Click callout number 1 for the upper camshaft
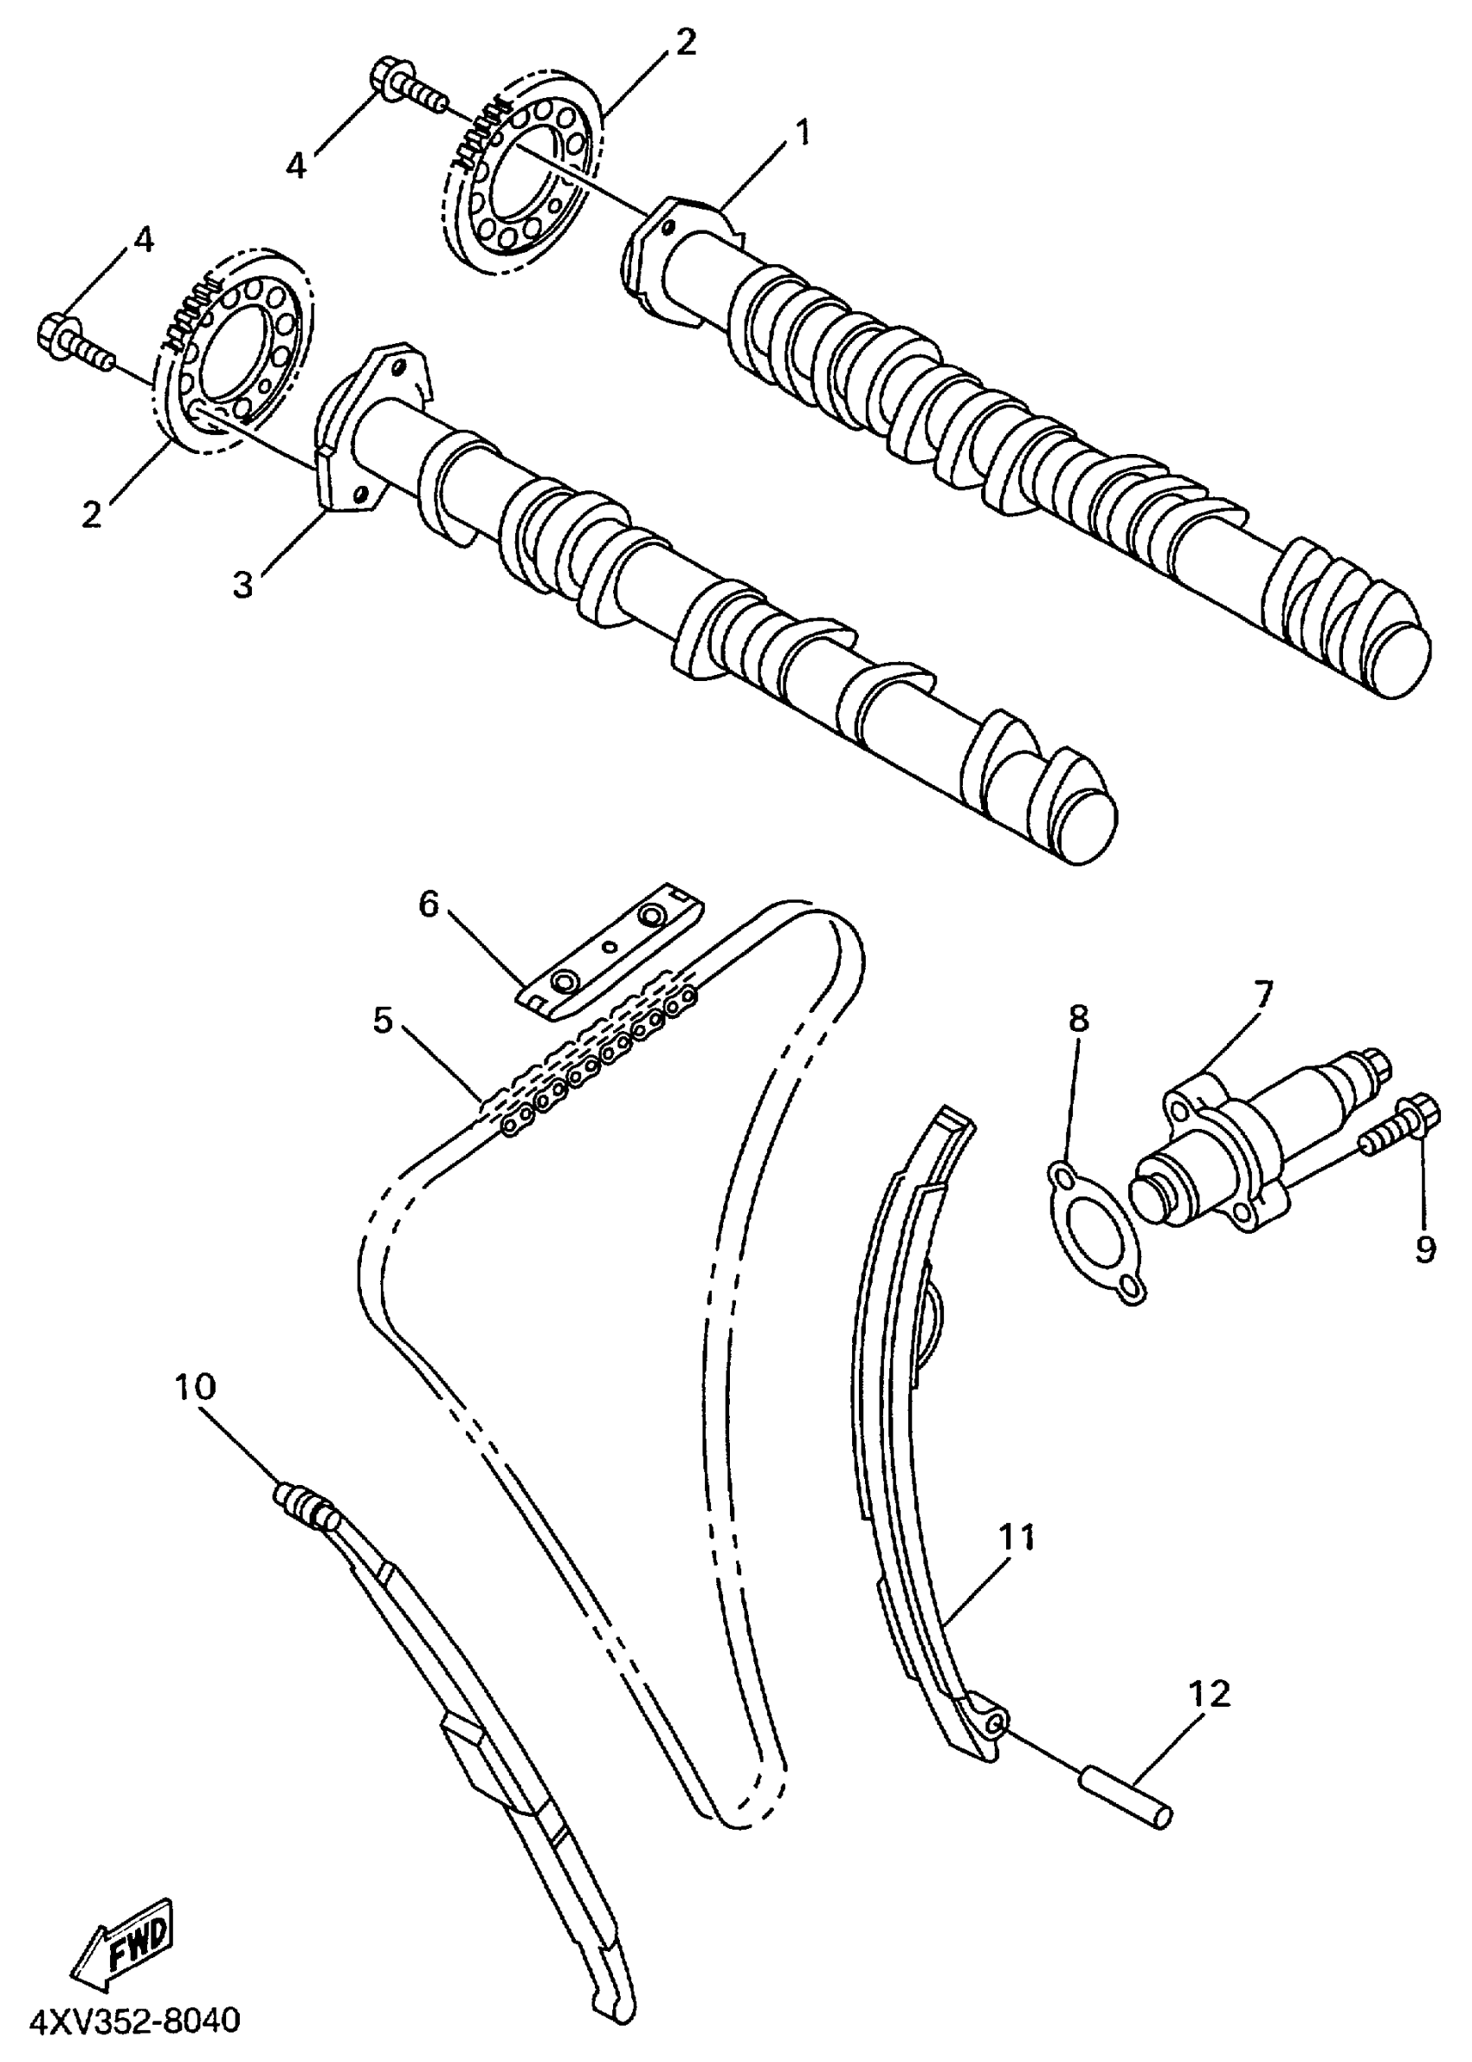[x=800, y=135]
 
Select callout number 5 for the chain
[x=384, y=1020]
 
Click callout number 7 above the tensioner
[x=1262, y=993]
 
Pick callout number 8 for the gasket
[x=1078, y=1018]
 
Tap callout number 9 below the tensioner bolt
[x=1425, y=1249]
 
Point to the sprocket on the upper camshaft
[x=523, y=177]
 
